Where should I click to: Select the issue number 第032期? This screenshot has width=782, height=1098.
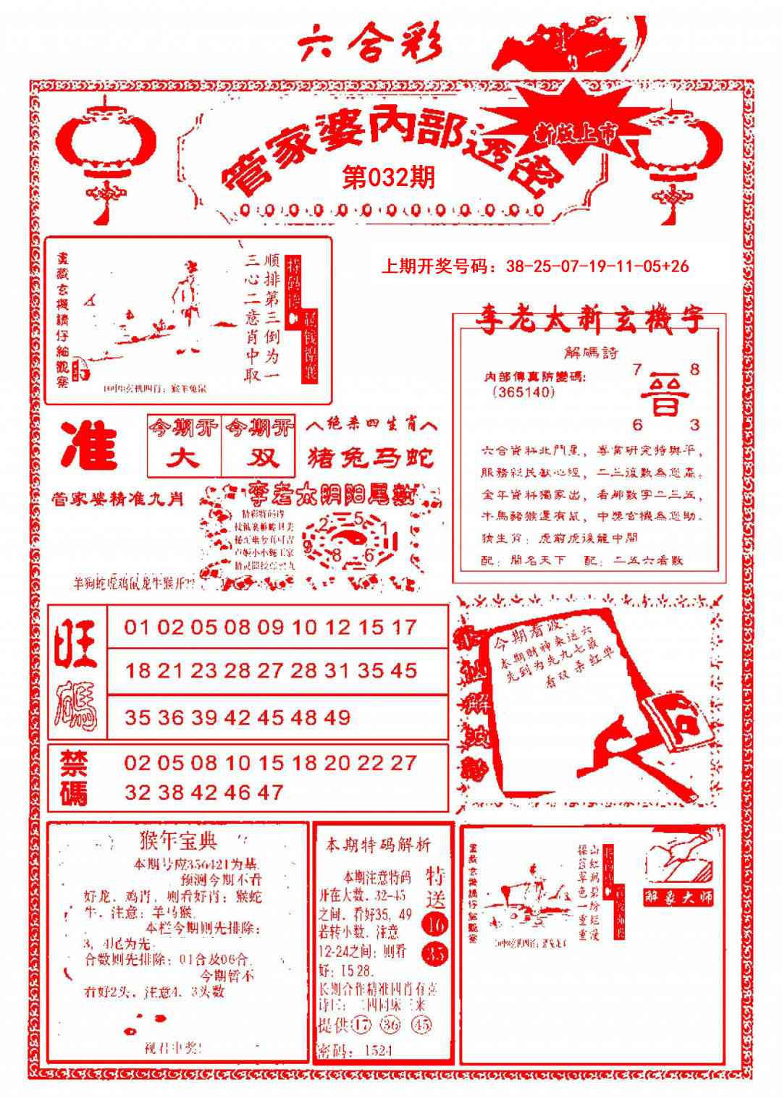[390, 177]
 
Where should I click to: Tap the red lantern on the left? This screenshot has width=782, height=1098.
[106, 148]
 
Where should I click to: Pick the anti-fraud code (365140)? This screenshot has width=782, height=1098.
[523, 392]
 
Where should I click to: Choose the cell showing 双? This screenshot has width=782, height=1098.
[258, 458]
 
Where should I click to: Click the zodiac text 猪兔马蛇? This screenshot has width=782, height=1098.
[371, 458]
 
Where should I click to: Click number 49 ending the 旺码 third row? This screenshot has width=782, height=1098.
[337, 717]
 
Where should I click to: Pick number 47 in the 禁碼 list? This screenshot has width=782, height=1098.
[269, 792]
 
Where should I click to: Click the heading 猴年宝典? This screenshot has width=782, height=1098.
[177, 841]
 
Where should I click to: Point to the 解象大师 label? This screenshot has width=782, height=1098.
[678, 897]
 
